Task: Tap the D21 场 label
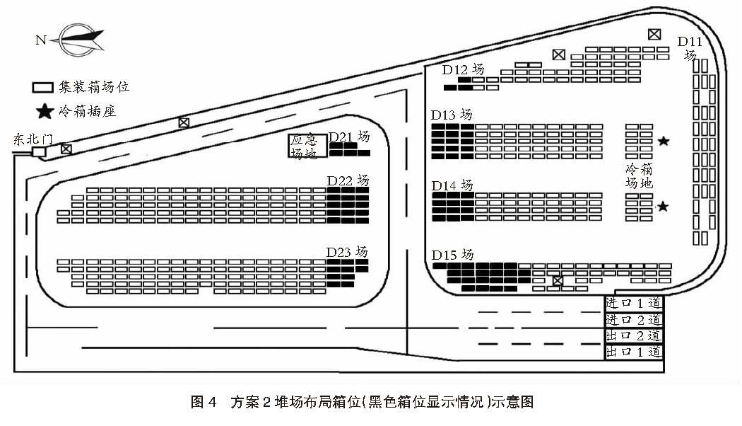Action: tap(349, 137)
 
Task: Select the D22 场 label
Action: tap(348, 180)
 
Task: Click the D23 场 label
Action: tap(347, 252)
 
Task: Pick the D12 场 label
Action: tap(464, 69)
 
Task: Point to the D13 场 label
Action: tap(452, 115)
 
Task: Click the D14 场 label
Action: tap(452, 185)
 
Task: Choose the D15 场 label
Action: tap(452, 255)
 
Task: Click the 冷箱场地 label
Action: tap(639, 176)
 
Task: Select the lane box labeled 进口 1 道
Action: tap(634, 303)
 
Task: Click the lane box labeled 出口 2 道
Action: tap(634, 335)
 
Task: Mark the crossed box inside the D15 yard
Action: tap(558, 282)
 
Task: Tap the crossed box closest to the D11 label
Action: tap(655, 34)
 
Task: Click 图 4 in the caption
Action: tap(204, 403)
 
